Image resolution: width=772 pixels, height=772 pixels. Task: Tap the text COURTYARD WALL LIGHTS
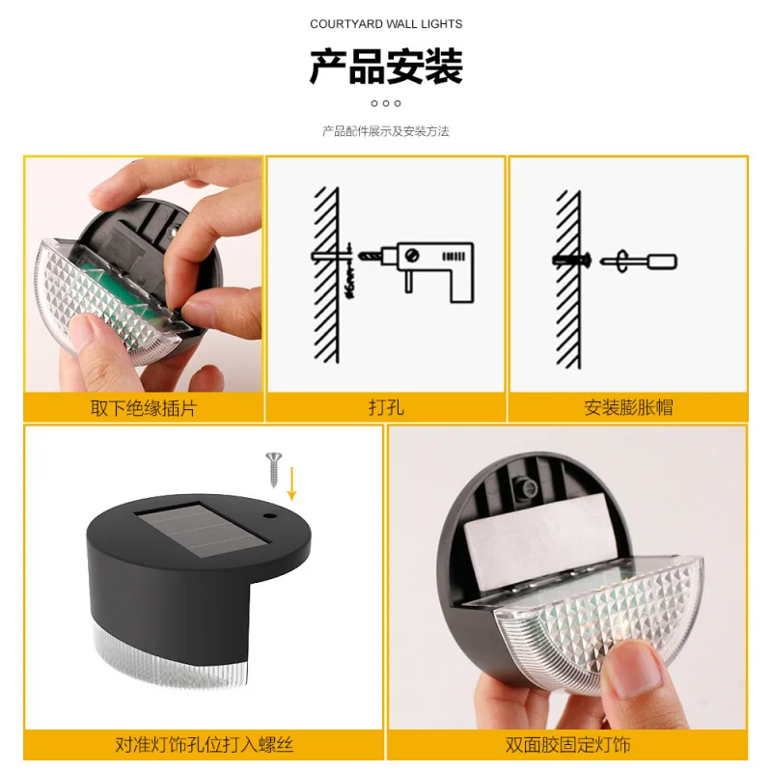(x=386, y=24)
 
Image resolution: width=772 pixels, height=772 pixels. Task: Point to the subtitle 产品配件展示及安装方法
(x=386, y=131)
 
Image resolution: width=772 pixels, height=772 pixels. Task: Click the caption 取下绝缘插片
(x=143, y=408)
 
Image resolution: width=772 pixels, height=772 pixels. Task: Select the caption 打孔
(x=386, y=408)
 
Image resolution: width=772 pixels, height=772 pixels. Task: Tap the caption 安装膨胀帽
(x=628, y=408)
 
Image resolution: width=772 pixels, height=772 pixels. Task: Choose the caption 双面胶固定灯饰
(x=567, y=745)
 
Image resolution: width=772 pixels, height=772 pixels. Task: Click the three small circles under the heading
(x=386, y=103)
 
